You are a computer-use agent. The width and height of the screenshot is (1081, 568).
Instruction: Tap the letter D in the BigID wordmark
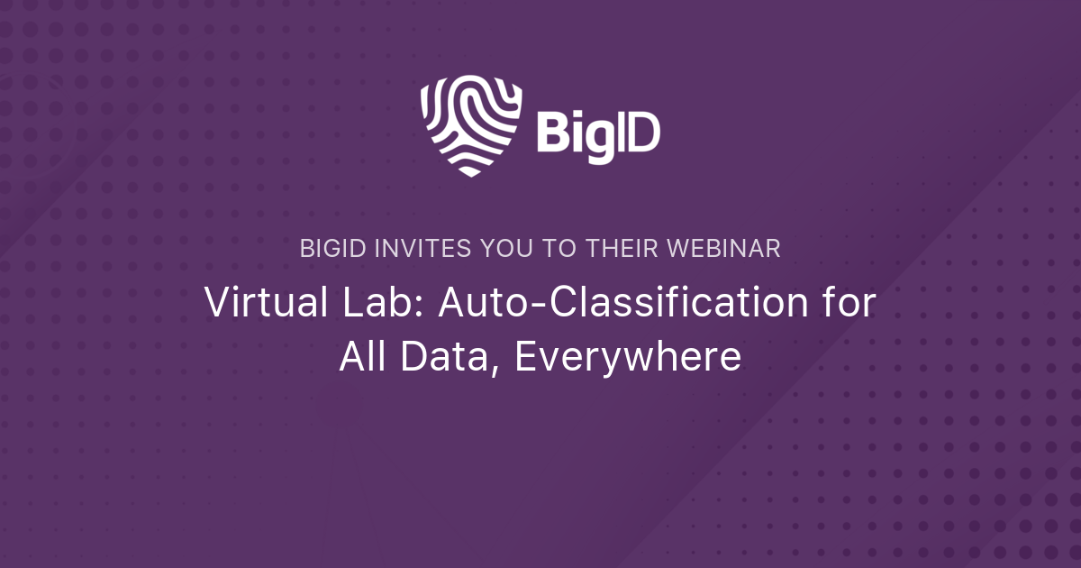coord(642,133)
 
